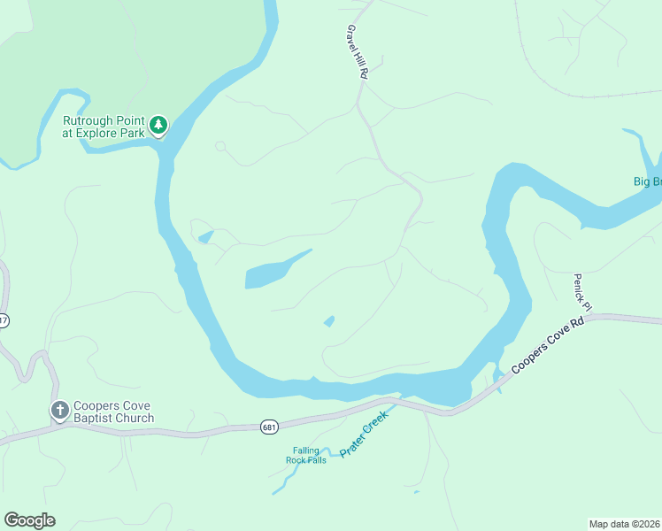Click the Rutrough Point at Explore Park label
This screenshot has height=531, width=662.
pyautogui.click(x=103, y=127)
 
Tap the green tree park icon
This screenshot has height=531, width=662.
pyautogui.click(x=158, y=126)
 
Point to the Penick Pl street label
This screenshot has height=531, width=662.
pyautogui.click(x=581, y=291)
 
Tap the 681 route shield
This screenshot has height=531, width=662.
pyautogui.click(x=270, y=427)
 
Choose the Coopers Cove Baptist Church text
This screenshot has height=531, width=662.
pyautogui.click(x=113, y=412)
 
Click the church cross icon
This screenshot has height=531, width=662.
pyautogui.click(x=59, y=410)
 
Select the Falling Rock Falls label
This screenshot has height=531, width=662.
pyautogui.click(x=305, y=456)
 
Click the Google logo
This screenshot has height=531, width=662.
pyautogui.click(x=29, y=519)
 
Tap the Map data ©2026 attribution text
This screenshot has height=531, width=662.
pyautogui.click(x=624, y=523)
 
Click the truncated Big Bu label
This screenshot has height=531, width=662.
pyautogui.click(x=646, y=182)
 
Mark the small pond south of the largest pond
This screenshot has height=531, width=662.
pyautogui.click(x=329, y=321)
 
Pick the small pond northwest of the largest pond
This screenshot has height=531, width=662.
pyautogui.click(x=205, y=237)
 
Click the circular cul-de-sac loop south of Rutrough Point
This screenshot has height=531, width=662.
pyautogui.click(x=220, y=146)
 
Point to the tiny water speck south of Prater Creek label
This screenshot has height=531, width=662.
pyautogui.click(x=415, y=492)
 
